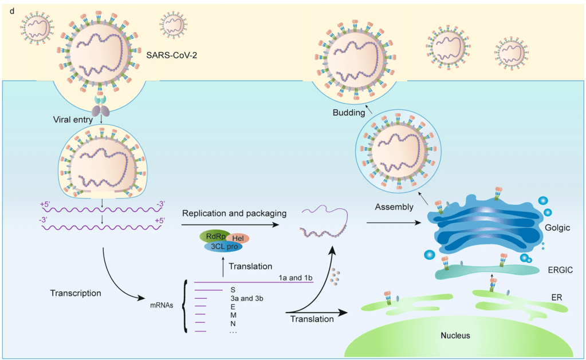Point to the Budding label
click(x=349, y=113)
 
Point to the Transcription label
click(x=75, y=293)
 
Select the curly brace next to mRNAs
click(x=184, y=308)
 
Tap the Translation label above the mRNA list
click(x=250, y=266)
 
